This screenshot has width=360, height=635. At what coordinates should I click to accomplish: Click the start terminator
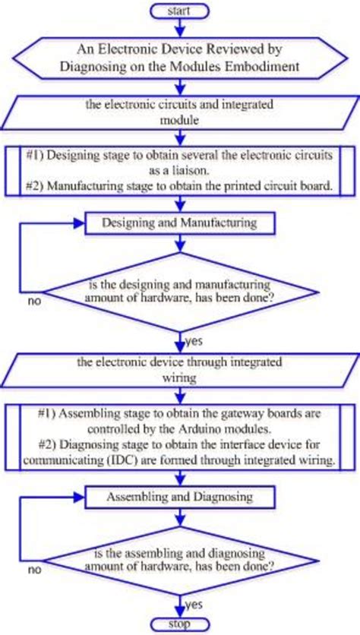click(x=180, y=11)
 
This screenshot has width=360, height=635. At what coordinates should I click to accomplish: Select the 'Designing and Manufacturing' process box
click(x=180, y=223)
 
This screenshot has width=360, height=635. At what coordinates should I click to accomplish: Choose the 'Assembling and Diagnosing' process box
click(x=180, y=497)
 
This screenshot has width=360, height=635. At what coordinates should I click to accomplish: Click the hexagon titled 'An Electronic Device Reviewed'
click(x=180, y=58)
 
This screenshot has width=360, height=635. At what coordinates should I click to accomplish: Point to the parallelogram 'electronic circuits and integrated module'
click(x=180, y=112)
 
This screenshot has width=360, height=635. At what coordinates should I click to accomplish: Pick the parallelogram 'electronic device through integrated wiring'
click(x=180, y=369)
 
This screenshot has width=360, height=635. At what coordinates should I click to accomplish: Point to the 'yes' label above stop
click(x=194, y=605)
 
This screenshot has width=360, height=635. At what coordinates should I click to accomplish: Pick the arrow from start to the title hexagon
click(x=180, y=27)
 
